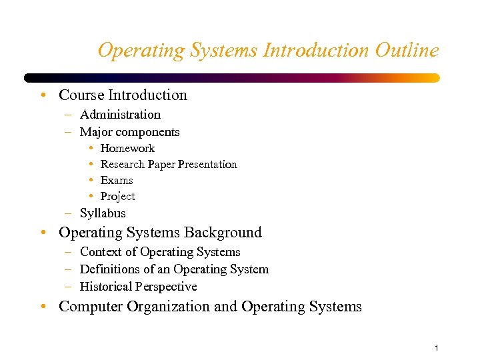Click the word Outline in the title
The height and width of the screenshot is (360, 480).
pyautogui.click(x=406, y=50)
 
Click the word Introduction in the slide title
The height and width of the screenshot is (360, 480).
pyautogui.click(x=316, y=50)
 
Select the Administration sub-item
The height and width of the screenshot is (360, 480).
pyautogui.click(x=120, y=115)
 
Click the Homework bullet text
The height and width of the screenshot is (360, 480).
pyautogui.click(x=127, y=148)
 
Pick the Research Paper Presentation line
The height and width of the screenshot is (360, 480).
pyautogui.click(x=169, y=164)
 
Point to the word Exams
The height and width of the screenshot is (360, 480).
pyautogui.click(x=117, y=180)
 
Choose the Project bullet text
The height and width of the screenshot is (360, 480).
pyautogui.click(x=117, y=196)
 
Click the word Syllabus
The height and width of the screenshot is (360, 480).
pyautogui.click(x=103, y=213)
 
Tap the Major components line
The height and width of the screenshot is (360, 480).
pyautogui.click(x=129, y=132)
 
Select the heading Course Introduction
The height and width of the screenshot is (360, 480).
pyautogui.click(x=123, y=95)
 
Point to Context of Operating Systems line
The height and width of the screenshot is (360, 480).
pyautogui.click(x=160, y=252)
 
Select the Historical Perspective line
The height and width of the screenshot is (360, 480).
pyautogui.click(x=138, y=287)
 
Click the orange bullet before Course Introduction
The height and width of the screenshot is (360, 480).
pyautogui.click(x=43, y=95)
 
